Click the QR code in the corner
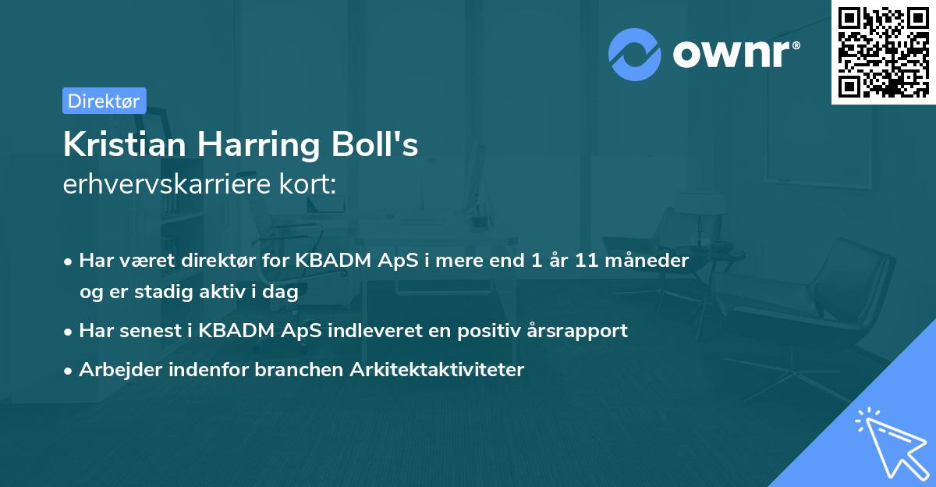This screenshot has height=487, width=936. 883,52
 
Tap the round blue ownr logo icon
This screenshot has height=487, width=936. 635,55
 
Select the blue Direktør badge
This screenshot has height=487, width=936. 104,101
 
